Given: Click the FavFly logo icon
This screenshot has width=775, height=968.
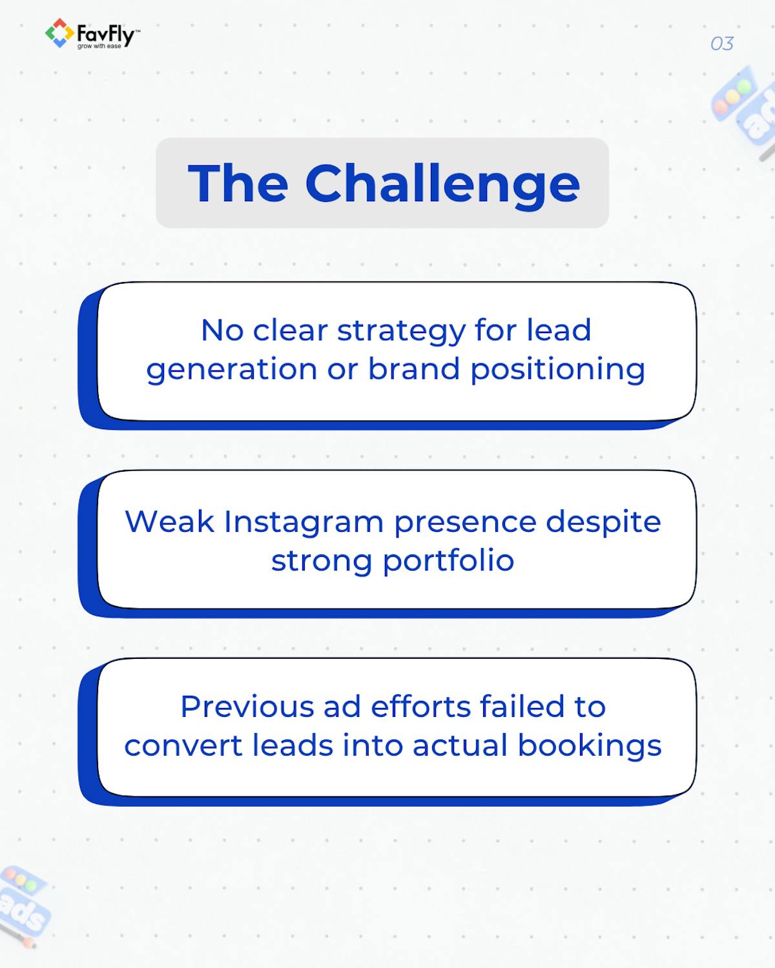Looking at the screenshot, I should pos(59,33).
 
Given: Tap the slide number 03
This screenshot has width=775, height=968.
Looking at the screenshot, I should pos(721,44).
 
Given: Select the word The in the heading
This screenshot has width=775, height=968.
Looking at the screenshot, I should pos(238,183).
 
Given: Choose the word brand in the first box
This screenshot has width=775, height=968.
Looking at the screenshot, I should pos(414,369).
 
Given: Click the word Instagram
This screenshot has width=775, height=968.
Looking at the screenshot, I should pos(303,523).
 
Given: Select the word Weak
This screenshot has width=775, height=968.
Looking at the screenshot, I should pos(169,521).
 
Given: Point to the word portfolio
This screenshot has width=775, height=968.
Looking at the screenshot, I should pos(448,560).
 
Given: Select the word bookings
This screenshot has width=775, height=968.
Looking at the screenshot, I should pos(589,747).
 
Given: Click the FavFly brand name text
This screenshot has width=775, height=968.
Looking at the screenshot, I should pos(105,33).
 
